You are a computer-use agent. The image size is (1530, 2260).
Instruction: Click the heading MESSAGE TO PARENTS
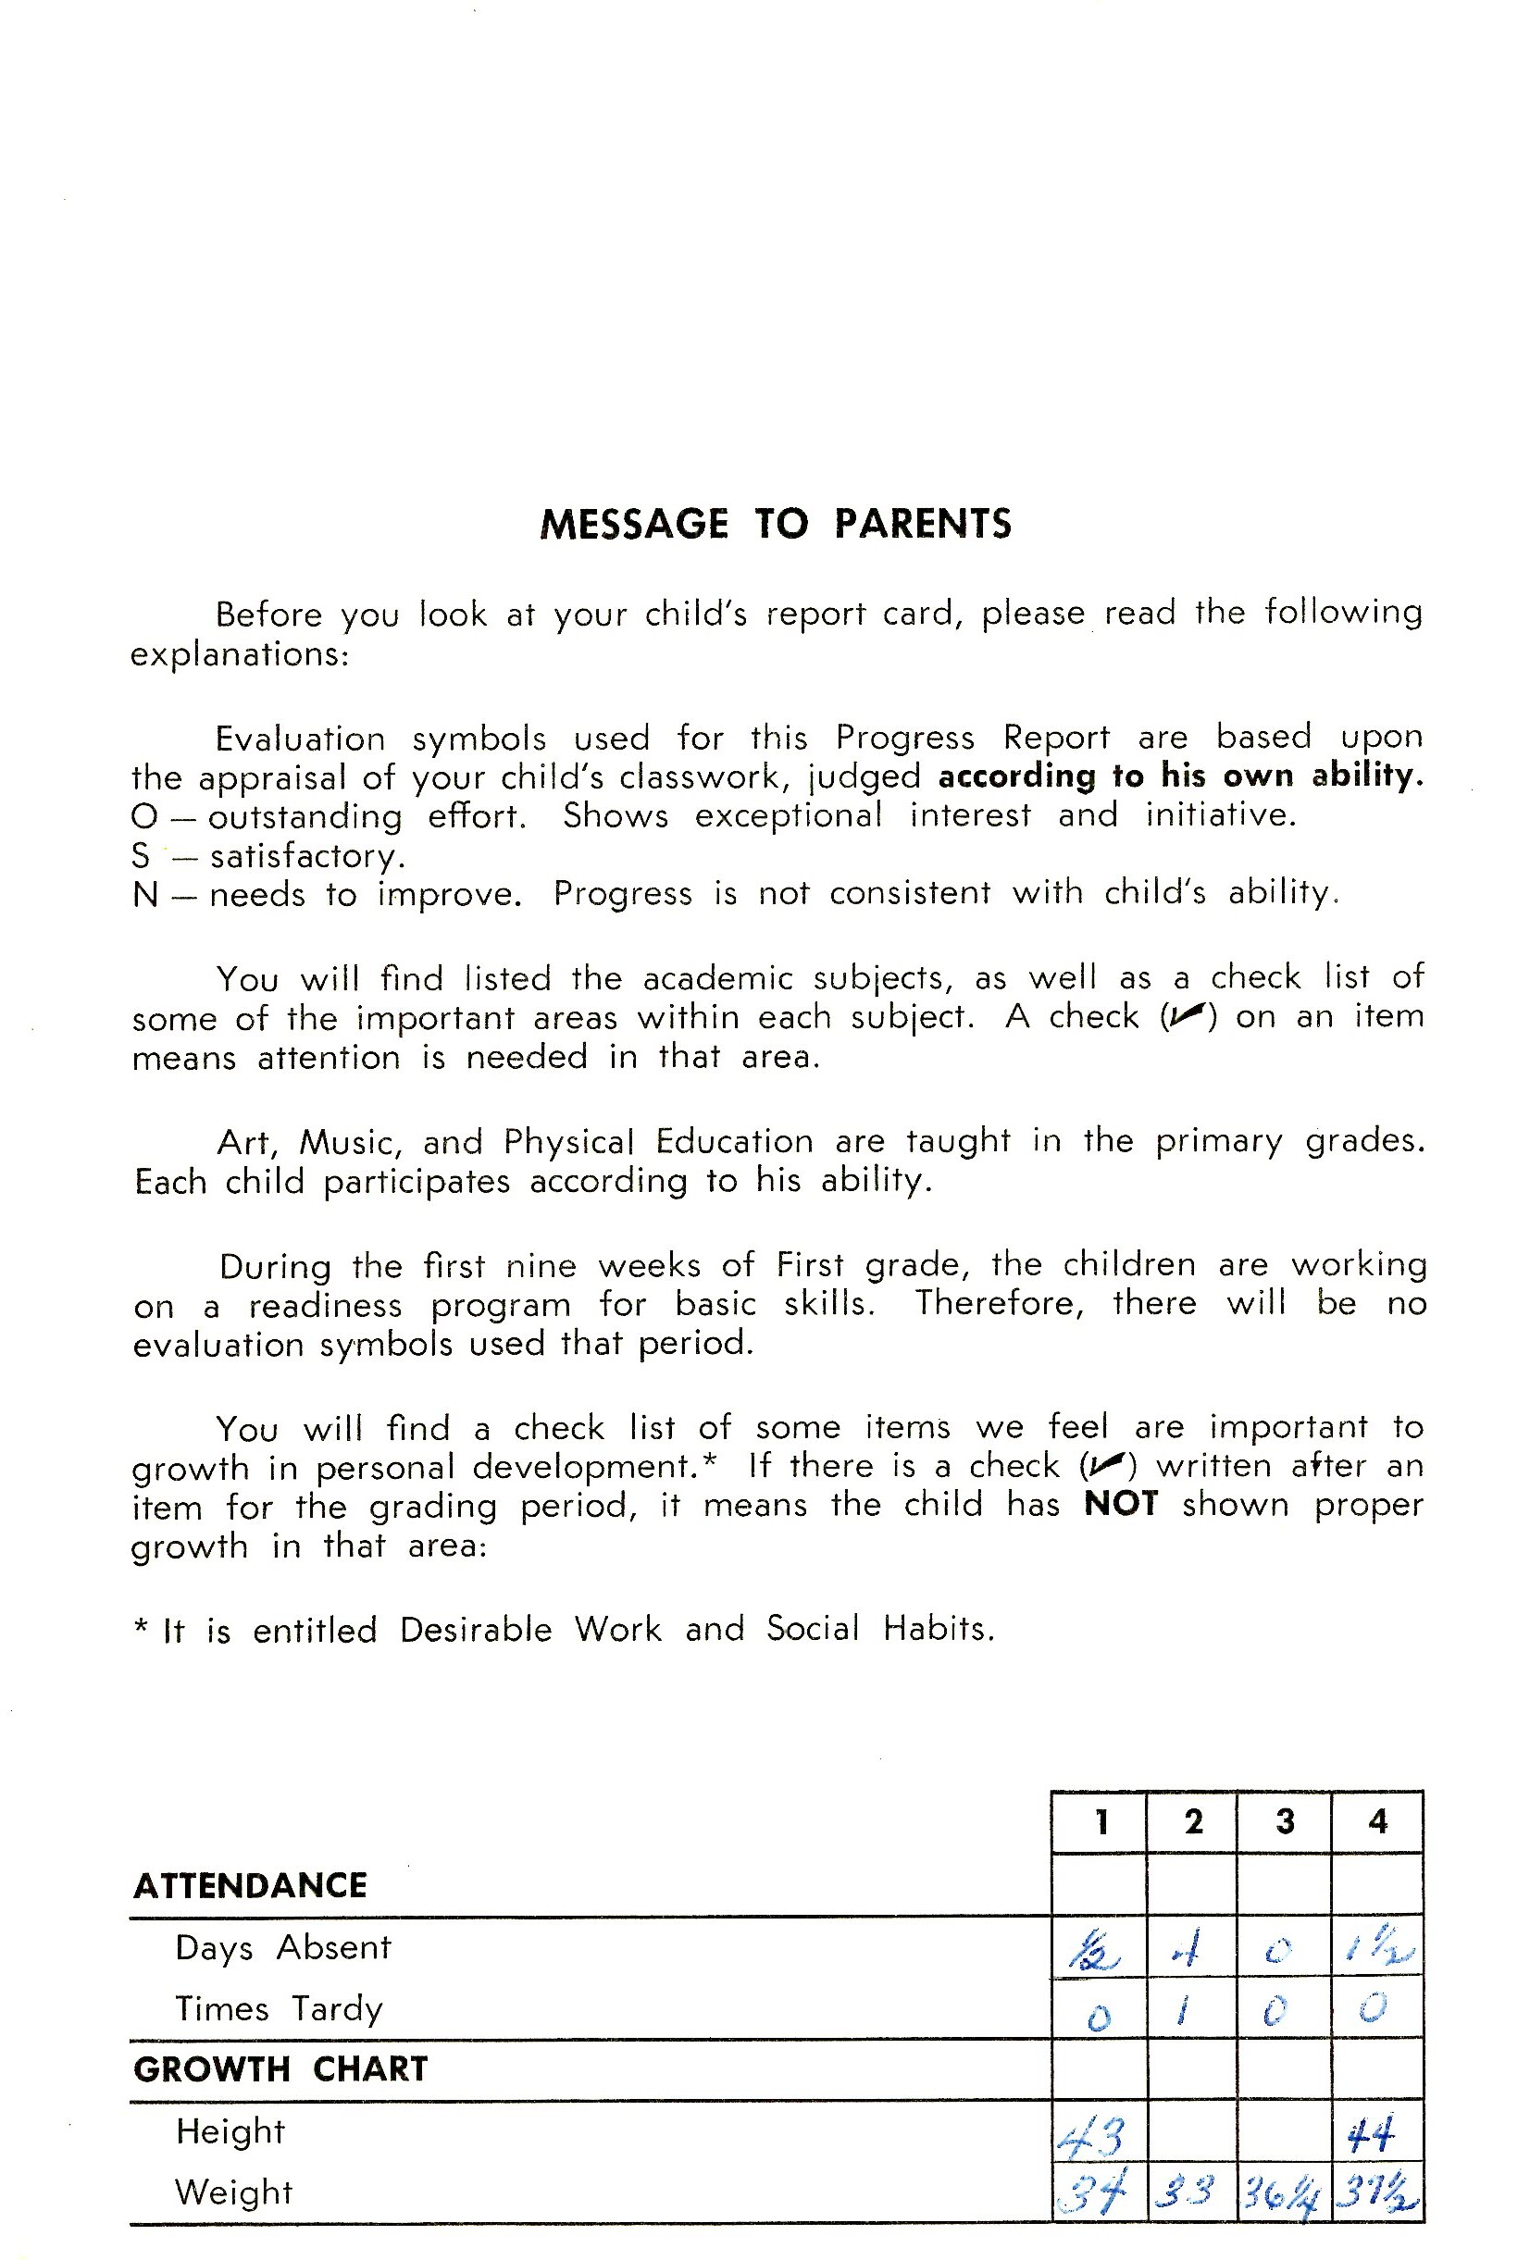point(776,524)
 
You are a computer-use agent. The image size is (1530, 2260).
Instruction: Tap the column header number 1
point(1101,1821)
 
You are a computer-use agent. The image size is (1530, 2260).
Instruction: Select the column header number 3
point(1285,1821)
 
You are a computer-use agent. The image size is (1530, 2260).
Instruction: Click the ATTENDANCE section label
point(250,1885)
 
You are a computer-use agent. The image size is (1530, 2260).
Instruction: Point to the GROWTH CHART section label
point(280,2068)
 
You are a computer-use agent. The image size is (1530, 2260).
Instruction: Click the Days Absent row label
point(283,1948)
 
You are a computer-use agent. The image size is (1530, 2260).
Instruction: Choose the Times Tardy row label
point(280,2008)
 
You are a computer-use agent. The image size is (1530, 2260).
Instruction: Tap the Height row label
point(230,2130)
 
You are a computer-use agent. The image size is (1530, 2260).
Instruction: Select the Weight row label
point(233,2192)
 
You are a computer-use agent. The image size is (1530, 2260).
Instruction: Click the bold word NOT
point(1121,1503)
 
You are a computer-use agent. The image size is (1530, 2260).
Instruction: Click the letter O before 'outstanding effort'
point(144,816)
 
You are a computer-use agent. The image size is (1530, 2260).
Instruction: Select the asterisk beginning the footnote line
point(142,1627)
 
